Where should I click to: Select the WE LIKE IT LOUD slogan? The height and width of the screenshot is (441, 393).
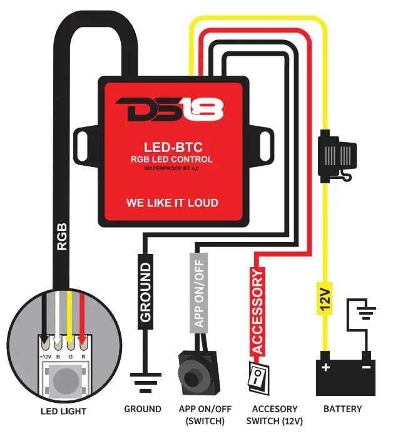tap(172, 203)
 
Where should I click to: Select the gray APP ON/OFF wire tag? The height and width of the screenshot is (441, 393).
tap(198, 291)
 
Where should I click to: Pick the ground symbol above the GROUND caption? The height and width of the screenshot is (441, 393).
tap(143, 380)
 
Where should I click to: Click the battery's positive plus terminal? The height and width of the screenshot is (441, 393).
tap(325, 368)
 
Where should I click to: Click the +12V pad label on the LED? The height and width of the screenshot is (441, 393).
tap(45, 357)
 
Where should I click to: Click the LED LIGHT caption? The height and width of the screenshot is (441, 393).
tap(63, 411)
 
